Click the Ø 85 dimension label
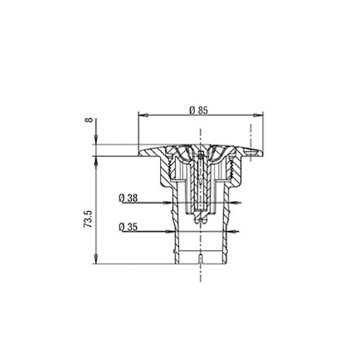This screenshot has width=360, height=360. pyautogui.click(x=198, y=110)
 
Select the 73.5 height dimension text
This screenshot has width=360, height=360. pyautogui.click(x=88, y=219)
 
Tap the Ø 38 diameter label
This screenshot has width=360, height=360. pyautogui.click(x=128, y=198)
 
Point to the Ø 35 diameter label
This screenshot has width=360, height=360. pyautogui.click(x=128, y=227)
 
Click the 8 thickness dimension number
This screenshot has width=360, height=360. pyautogui.click(x=89, y=120)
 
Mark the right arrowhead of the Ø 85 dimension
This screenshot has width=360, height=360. pyautogui.click(x=258, y=115)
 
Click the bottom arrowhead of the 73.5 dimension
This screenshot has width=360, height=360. pyautogui.click(x=96, y=259)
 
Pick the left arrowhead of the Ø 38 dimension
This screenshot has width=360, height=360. pyautogui.click(x=168, y=203)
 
